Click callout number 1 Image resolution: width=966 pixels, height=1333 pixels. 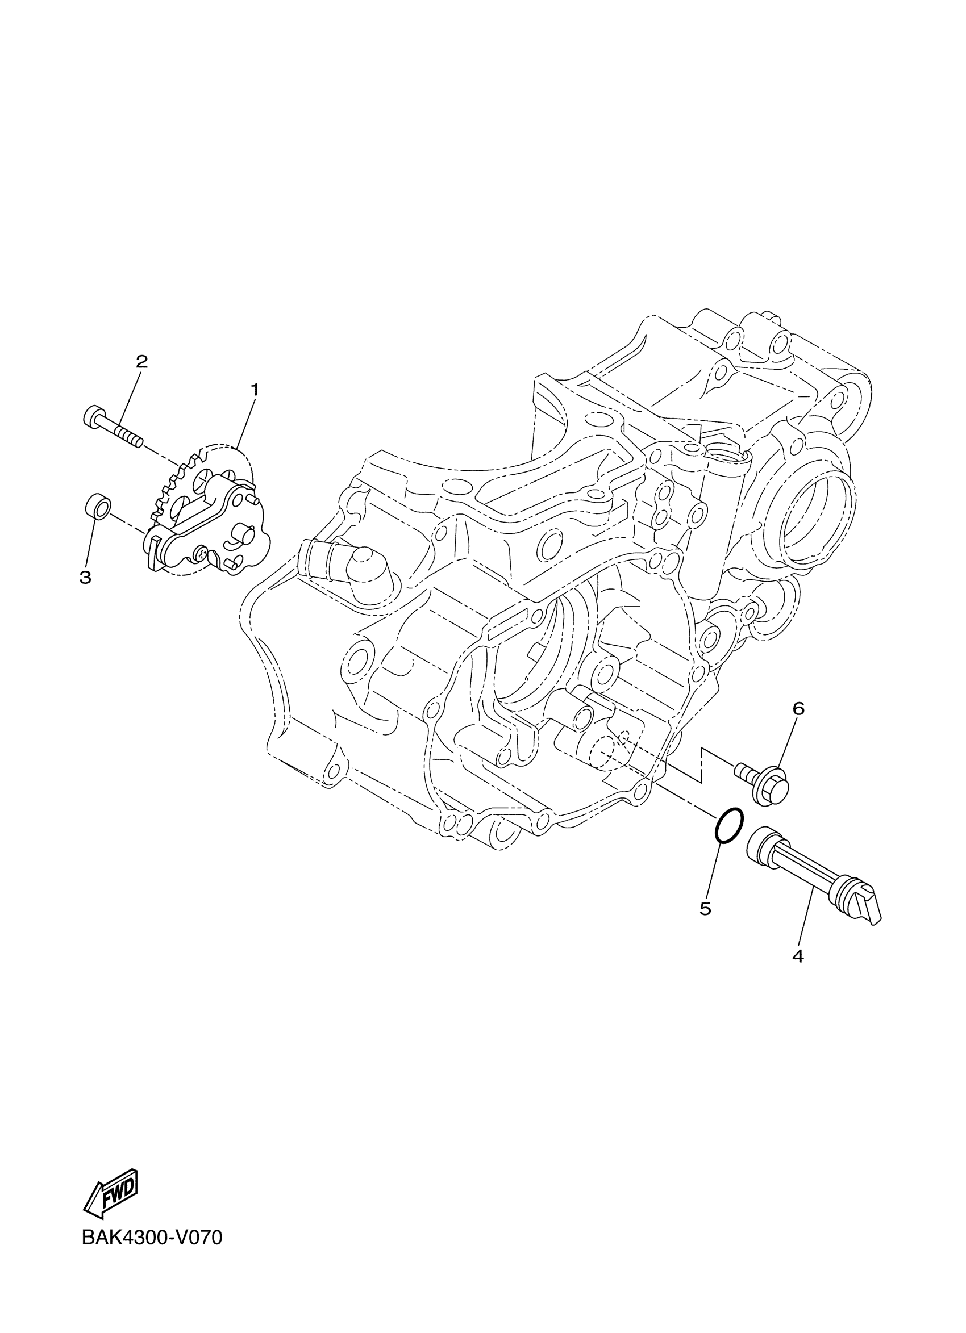pos(255,388)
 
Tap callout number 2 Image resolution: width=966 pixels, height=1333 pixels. pos(141,361)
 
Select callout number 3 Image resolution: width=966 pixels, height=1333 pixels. pos(85,577)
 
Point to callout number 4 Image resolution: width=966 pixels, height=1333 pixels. pos(797,956)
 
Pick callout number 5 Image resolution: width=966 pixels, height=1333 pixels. pos(706,909)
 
